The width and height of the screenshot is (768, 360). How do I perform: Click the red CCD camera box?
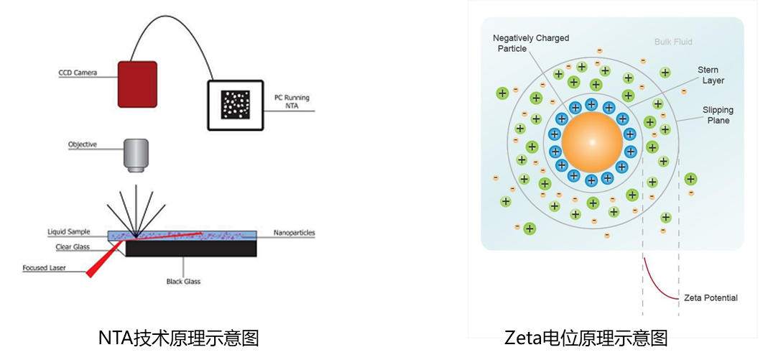pos(137,84)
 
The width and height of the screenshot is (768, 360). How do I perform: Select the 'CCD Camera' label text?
pos(78,73)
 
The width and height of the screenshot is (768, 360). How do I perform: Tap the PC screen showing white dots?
pos(236,105)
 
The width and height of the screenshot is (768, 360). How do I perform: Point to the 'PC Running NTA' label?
pos(292,101)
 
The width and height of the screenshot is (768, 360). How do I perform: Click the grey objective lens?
pos(136,155)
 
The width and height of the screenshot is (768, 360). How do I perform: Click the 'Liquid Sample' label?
pos(69,232)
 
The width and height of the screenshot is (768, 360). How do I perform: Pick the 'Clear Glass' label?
pos(73,247)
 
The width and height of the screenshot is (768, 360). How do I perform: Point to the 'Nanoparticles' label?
pos(295,233)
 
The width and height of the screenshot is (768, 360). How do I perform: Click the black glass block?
pos(191,249)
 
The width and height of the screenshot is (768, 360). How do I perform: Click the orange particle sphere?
pos(592,142)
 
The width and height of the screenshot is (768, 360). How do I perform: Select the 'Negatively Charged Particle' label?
pos(531,43)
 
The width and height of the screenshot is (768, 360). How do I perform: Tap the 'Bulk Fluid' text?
pos(673,42)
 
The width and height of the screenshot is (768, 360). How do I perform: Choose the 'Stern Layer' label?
pos(712,75)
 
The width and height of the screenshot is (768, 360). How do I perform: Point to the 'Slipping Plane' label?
pos(717,115)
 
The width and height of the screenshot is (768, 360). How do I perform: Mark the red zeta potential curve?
pos(657,284)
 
